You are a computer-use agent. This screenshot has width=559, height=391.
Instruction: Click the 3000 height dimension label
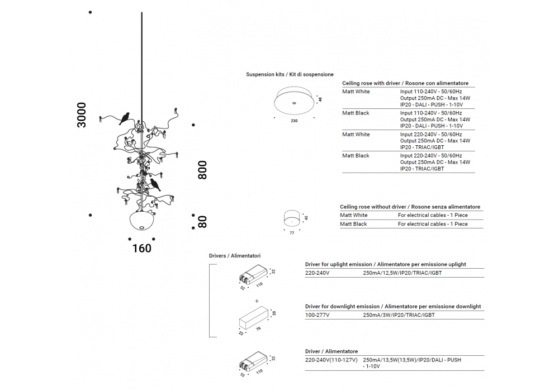click(82, 115)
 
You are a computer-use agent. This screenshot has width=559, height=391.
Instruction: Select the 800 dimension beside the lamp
click(202, 170)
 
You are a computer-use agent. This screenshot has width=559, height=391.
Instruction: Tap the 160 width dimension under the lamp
click(142, 248)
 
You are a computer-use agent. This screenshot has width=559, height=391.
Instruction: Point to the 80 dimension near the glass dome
click(202, 222)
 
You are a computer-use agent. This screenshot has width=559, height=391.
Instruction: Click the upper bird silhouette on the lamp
click(125, 118)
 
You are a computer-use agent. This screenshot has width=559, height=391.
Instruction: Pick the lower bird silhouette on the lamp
click(155, 185)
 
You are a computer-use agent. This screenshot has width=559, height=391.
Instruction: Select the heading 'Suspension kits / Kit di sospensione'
click(290, 74)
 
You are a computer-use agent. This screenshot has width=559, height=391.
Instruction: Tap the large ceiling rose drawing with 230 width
click(294, 101)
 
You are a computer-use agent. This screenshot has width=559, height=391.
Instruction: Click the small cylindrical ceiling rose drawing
click(292, 218)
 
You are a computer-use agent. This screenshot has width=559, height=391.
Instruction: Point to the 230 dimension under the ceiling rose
click(294, 121)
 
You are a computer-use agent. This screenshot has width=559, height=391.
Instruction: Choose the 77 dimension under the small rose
click(292, 233)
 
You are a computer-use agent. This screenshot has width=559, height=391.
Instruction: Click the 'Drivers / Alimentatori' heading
click(235, 256)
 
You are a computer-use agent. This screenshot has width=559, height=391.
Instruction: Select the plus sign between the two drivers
click(257, 301)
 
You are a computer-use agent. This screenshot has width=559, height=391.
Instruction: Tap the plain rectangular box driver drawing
click(253, 317)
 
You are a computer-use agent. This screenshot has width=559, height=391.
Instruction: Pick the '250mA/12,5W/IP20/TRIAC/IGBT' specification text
click(402, 273)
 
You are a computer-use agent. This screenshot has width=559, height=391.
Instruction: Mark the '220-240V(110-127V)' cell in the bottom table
click(331, 360)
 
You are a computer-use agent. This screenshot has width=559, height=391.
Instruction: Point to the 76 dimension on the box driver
click(258, 328)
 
